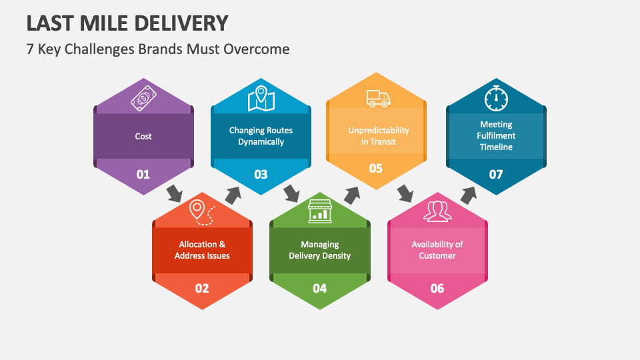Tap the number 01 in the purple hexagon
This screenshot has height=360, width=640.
point(143,175)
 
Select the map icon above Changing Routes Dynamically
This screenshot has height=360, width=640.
point(261,99)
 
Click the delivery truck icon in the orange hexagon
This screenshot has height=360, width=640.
point(378,99)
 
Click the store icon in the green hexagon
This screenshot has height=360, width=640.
point(319,211)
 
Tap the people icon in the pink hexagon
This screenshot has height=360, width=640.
point(437,211)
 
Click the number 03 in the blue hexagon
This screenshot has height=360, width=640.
point(261,175)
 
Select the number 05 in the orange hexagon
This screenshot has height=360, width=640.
point(376,168)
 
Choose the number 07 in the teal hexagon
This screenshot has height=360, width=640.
point(496,175)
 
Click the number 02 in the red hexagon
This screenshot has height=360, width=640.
point(201,288)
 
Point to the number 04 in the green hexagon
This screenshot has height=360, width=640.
point(319,288)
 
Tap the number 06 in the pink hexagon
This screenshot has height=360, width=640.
point(437,288)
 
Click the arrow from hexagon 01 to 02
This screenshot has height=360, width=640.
point(174,193)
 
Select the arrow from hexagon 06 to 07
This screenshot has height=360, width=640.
point(469,195)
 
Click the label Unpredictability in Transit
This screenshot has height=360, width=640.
point(379,135)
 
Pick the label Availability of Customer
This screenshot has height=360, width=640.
point(437,250)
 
